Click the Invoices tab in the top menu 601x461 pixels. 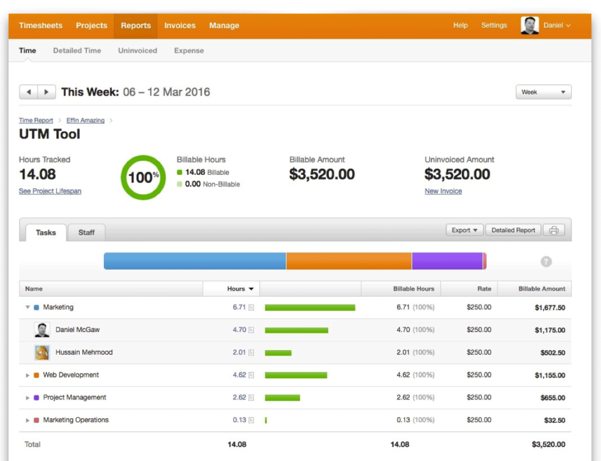(180, 26)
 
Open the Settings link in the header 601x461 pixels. (494, 26)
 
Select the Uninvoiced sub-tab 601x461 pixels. (137, 51)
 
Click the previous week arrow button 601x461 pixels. (29, 92)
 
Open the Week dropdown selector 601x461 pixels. (543, 92)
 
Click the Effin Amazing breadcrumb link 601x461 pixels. (85, 120)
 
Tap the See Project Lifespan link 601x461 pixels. (50, 191)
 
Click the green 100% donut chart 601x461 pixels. (143, 177)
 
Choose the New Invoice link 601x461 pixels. (443, 191)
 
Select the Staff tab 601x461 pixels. (86, 233)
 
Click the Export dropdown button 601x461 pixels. (464, 230)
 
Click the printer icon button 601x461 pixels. (553, 230)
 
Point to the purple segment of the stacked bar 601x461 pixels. (447, 261)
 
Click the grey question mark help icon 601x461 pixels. (546, 262)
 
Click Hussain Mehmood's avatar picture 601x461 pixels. (42, 352)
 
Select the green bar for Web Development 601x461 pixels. (296, 375)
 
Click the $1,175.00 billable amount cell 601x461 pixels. (549, 330)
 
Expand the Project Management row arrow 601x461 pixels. (28, 398)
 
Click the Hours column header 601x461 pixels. (237, 289)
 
